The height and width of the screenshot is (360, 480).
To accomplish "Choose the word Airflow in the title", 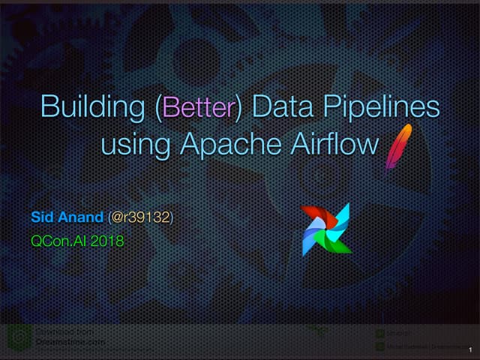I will click(329, 143).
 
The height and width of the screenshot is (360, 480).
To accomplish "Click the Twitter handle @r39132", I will click(140, 218).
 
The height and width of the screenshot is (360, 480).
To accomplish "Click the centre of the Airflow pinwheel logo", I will click(325, 229).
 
